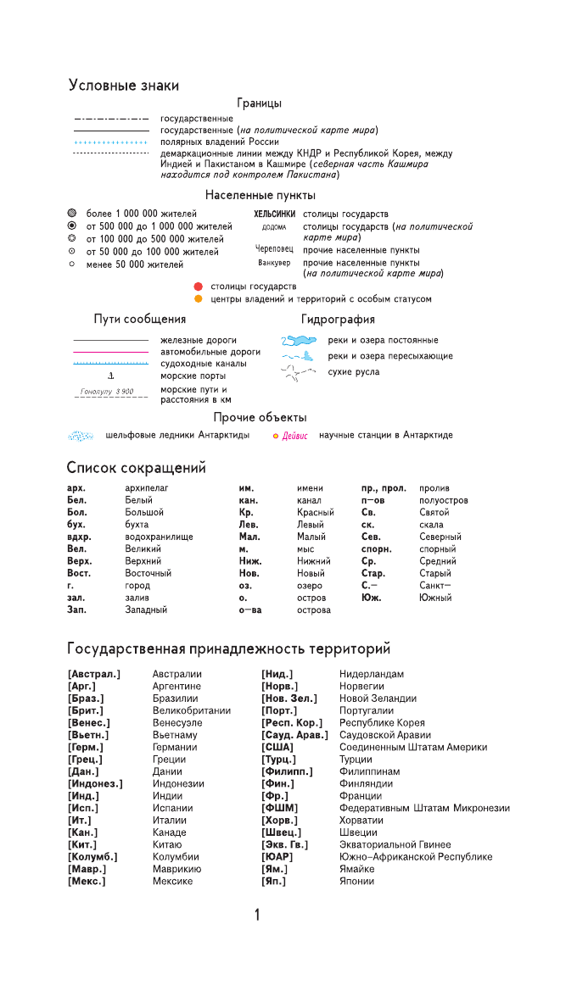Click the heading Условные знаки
pyautogui.click(x=123, y=86)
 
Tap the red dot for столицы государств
pyautogui.click(x=198, y=287)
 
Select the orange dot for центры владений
pyautogui.click(x=198, y=299)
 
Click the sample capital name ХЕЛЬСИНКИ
pyautogui.click(x=275, y=214)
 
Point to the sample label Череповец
pyautogui.click(x=274, y=250)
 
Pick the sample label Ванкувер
pyautogui.click(x=274, y=263)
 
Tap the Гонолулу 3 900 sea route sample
pyautogui.click(x=107, y=392)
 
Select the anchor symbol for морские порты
pyautogui.click(x=111, y=376)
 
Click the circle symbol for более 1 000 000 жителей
pyautogui.click(x=72, y=214)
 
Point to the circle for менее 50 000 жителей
pyautogui.click(x=72, y=264)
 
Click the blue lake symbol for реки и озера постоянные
pyautogui.click(x=299, y=341)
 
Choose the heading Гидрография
pyautogui.click(x=338, y=320)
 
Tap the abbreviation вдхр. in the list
pyautogui.click(x=79, y=537)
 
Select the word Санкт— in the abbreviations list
pyautogui.click(x=435, y=586)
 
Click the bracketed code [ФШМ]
pyautogui.click(x=279, y=809)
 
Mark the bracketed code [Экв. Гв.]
pyautogui.click(x=284, y=845)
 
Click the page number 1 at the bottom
pyautogui.click(x=257, y=915)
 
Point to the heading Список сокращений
pyautogui.click(x=136, y=468)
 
